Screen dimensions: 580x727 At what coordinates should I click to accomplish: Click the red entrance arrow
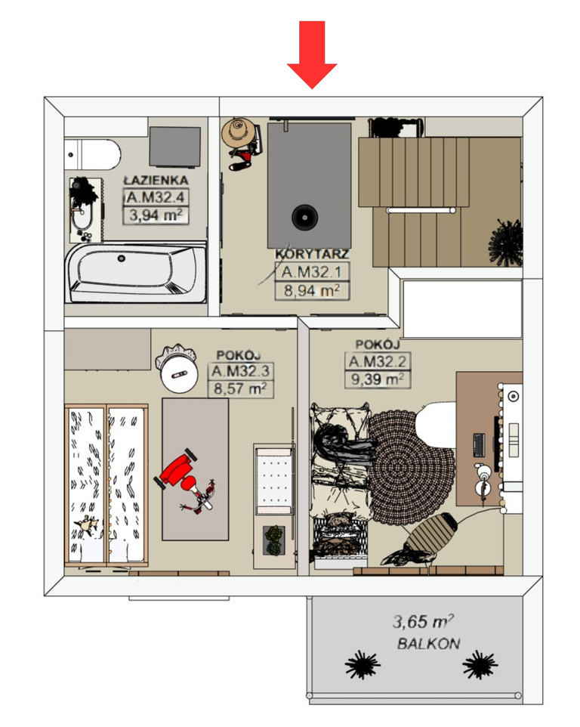pyautogui.click(x=312, y=54)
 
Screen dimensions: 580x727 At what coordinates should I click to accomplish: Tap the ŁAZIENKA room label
pyautogui.click(x=156, y=181)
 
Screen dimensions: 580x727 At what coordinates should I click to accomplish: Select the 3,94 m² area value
pyautogui.click(x=156, y=215)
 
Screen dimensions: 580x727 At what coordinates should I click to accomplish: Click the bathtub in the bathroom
pyautogui.click(x=136, y=272)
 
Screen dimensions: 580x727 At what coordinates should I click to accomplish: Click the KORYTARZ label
pyautogui.click(x=312, y=254)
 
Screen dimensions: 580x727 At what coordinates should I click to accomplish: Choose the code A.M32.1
pyautogui.click(x=311, y=272)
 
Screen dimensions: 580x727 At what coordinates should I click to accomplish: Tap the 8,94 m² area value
pyautogui.click(x=312, y=291)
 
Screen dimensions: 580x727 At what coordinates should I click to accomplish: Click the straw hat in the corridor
pyautogui.click(x=239, y=132)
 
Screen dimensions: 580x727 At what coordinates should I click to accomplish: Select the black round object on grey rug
pyautogui.click(x=305, y=217)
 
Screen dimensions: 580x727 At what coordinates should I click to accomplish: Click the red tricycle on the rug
pyautogui.click(x=185, y=480)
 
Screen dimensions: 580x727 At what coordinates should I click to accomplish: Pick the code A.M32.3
pyautogui.click(x=240, y=371)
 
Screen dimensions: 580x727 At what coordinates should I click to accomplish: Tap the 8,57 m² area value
pyautogui.click(x=240, y=388)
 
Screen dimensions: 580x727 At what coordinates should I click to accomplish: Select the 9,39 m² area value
pyautogui.click(x=378, y=379)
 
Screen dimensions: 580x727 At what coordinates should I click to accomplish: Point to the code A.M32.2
pyautogui.click(x=377, y=361)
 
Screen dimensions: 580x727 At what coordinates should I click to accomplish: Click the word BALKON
pyautogui.click(x=429, y=644)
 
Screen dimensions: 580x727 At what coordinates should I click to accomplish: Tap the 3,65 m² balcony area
pyautogui.click(x=423, y=621)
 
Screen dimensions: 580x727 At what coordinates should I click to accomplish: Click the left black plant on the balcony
pyautogui.click(x=362, y=665)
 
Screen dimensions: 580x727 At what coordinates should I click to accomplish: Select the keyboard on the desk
pyautogui.click(x=479, y=444)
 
